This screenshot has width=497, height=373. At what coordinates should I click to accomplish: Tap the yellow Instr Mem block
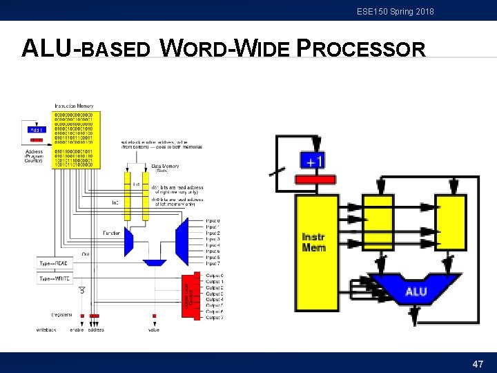tap(314, 242)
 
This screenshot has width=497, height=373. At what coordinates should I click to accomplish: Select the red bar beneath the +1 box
tap(315, 179)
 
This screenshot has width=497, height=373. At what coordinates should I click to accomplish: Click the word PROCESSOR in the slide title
tap(360, 49)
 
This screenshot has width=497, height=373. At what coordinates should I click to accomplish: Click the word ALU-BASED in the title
tap(86, 49)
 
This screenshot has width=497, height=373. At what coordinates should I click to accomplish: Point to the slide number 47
tap(478, 363)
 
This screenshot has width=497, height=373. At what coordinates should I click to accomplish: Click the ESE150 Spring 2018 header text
tap(396, 11)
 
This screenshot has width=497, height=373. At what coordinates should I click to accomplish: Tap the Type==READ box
tap(59, 264)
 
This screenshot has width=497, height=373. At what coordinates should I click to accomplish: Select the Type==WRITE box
tap(59, 278)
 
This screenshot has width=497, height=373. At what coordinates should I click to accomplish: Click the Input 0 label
tap(213, 221)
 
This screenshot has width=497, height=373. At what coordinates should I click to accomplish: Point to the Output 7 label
tap(214, 317)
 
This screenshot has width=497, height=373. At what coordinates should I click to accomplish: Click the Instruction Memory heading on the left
tap(74, 106)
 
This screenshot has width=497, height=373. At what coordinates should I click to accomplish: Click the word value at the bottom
tap(154, 329)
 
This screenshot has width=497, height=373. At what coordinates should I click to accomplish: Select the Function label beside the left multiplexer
tap(112, 233)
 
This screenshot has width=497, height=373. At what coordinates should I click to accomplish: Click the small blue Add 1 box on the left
tap(37, 129)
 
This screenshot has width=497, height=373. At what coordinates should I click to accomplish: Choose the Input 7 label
tap(213, 263)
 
